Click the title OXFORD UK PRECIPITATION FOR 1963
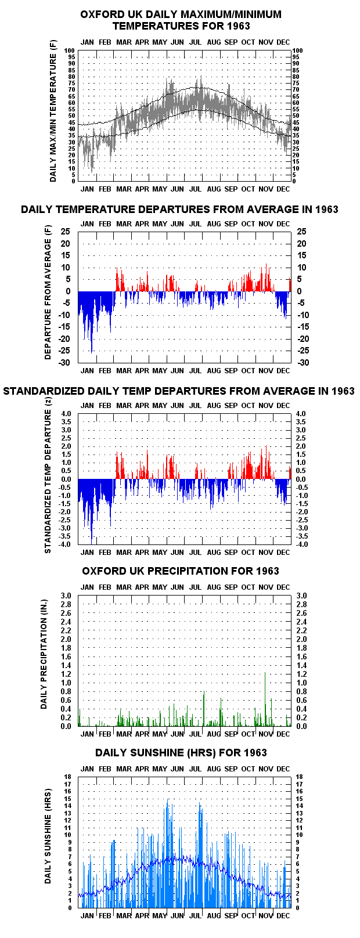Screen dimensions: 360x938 click(x=180, y=571)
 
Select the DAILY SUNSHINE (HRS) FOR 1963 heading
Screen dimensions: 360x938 click(x=181, y=753)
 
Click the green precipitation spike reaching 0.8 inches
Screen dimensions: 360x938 click(x=204, y=709)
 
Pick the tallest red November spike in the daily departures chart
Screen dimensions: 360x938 click(x=266, y=277)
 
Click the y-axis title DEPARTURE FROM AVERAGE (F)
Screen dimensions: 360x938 click(x=48, y=293)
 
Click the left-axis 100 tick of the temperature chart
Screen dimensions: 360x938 click(x=70, y=50)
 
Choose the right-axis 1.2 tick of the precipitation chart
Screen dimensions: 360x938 click(x=301, y=674)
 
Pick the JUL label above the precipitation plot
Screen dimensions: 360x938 click(x=195, y=587)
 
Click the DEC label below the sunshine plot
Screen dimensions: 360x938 click(x=283, y=916)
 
